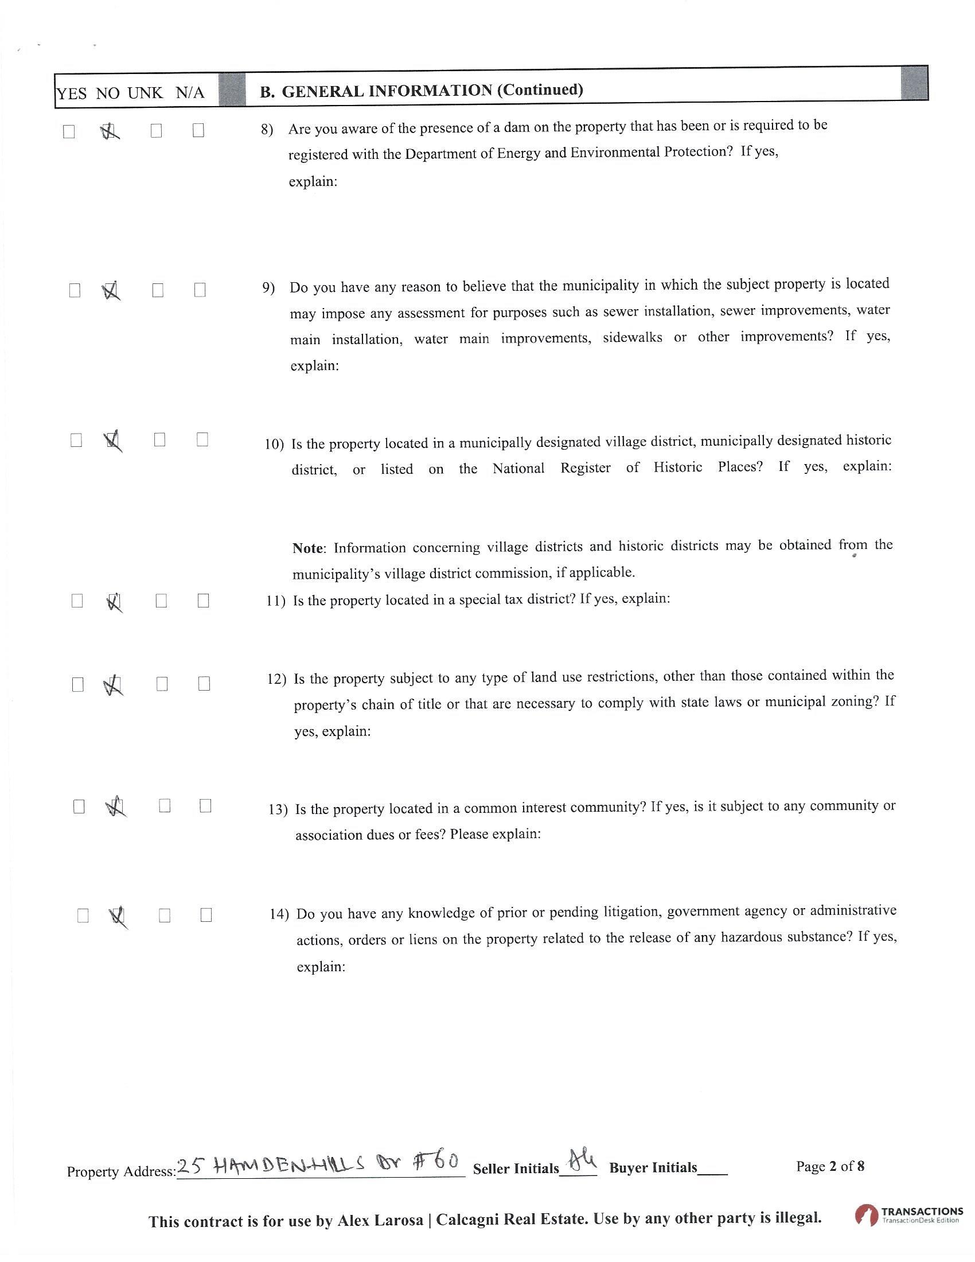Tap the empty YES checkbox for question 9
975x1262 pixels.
coord(75,290)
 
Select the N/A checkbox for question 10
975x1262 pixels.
coord(202,440)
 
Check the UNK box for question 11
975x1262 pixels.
coord(162,601)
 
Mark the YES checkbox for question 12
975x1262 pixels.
coord(77,685)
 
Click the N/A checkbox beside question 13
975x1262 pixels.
coord(205,805)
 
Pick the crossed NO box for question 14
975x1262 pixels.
coord(117,916)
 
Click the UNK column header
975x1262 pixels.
coord(145,92)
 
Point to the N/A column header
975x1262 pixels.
coord(190,92)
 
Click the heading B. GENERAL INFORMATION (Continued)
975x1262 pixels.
coord(421,91)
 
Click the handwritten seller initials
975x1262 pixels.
coord(581,1159)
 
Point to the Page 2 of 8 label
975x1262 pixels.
coord(830,1166)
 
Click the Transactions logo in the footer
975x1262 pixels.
coord(908,1214)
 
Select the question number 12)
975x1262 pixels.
coord(276,679)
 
